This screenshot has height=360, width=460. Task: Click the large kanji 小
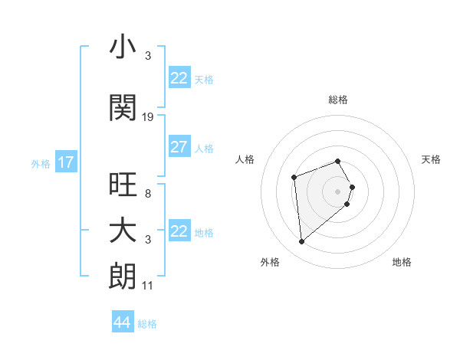click(123, 48)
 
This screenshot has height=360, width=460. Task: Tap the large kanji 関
click(123, 108)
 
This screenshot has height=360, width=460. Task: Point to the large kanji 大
click(123, 231)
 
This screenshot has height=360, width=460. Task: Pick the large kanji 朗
click(123, 277)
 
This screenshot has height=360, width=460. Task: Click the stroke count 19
click(148, 117)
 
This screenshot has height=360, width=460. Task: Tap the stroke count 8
click(147, 194)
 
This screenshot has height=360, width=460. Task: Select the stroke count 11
click(147, 286)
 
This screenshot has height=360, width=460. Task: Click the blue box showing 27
click(179, 148)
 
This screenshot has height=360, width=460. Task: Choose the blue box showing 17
click(65, 162)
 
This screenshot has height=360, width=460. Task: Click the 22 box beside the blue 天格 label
click(179, 79)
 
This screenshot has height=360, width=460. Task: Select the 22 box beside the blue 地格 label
click(179, 232)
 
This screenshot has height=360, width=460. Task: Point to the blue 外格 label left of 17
click(41, 163)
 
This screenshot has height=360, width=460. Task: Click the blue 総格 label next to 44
click(147, 324)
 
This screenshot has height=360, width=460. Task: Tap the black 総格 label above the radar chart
click(337, 100)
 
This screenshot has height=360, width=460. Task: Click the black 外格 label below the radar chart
click(270, 262)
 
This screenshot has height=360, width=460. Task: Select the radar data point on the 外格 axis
click(302, 242)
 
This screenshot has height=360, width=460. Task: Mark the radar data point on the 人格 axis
click(294, 178)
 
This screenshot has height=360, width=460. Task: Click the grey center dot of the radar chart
click(337, 191)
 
